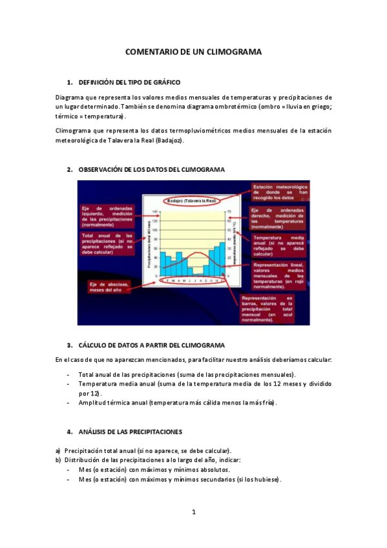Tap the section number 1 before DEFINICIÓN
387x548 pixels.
tap(69, 83)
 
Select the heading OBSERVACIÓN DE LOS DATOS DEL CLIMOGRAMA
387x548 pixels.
tap(151, 170)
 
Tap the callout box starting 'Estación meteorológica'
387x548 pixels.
tap(279, 193)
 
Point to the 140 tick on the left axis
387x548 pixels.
tap(154, 212)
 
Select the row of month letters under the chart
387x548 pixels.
tap(193, 280)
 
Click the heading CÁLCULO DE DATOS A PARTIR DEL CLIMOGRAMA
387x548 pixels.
tap(151, 345)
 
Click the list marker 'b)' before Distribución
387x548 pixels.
tap(58, 459)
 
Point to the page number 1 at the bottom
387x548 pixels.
tap(194, 512)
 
